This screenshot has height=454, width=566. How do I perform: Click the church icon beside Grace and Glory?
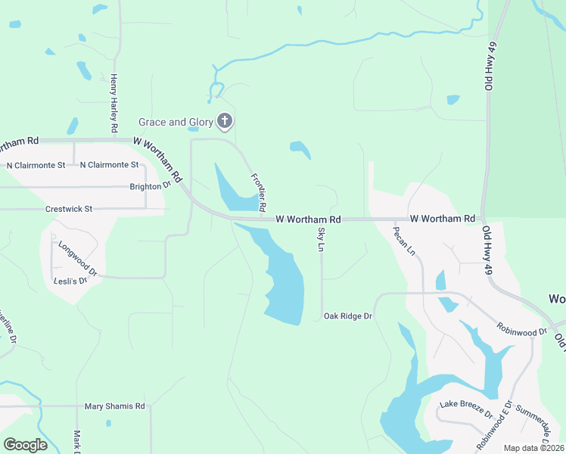click(x=225, y=121)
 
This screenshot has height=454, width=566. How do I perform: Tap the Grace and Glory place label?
click(x=176, y=122)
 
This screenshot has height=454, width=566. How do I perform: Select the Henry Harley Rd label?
click(x=114, y=104)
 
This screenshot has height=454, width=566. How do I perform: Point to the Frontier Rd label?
click(x=259, y=191)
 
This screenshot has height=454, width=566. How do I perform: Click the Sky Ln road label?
click(x=321, y=239)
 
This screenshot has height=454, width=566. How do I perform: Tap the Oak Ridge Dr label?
click(x=348, y=316)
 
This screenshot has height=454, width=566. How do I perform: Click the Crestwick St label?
click(x=68, y=209)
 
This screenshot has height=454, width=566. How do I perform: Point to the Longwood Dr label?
click(x=78, y=258)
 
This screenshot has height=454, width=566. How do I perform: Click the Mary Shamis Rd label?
click(x=114, y=406)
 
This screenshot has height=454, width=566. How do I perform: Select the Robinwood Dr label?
click(x=521, y=331)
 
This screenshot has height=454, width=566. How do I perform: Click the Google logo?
click(x=26, y=444)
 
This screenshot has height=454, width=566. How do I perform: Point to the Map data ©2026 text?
click(x=533, y=448)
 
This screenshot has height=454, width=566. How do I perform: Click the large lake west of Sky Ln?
click(x=284, y=284)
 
